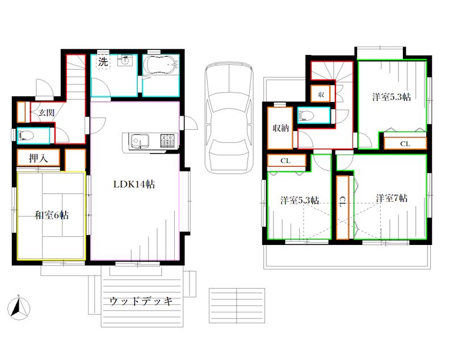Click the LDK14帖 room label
[134, 184]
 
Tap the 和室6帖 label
[52, 215]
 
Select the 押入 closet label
[38, 159]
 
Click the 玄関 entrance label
[47, 112]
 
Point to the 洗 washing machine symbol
[102, 62]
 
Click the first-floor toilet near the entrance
[28, 135]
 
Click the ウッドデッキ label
[141, 301]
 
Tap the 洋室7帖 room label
[391, 198]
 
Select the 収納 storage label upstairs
[280, 128]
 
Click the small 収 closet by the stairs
[321, 94]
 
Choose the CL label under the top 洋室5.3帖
[405, 143]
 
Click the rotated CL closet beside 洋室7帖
[343, 202]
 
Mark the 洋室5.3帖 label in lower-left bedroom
[299, 200]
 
